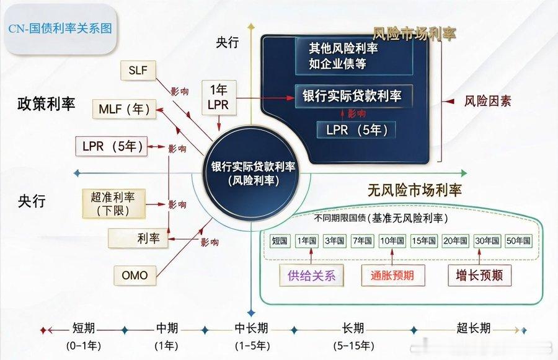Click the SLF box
click(138, 71)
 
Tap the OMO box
click(135, 274)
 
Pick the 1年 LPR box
click(218, 97)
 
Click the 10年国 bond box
click(392, 240)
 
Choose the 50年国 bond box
click(518, 240)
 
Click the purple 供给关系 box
click(311, 275)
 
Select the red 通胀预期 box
click(391, 275)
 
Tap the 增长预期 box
click(479, 275)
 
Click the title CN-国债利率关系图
click(60, 29)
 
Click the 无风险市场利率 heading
click(414, 190)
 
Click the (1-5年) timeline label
click(252, 346)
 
